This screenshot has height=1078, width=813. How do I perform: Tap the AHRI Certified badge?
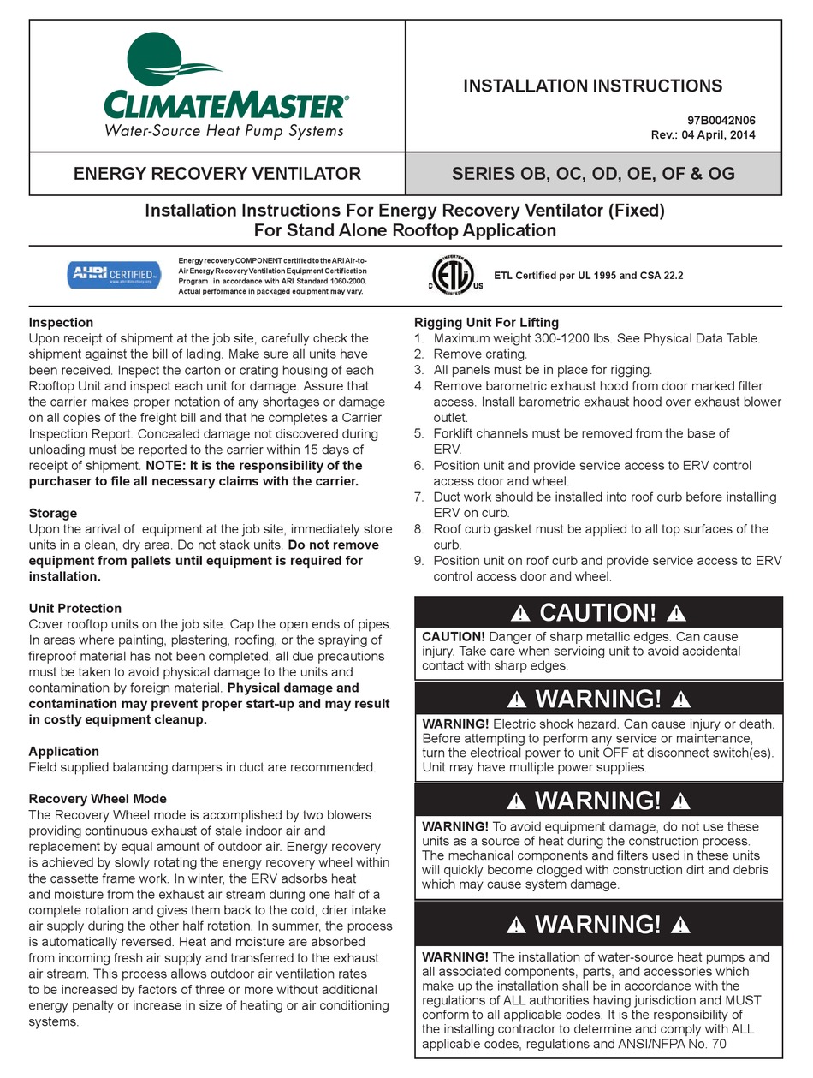click(114, 274)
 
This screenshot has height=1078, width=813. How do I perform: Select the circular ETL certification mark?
click(455, 276)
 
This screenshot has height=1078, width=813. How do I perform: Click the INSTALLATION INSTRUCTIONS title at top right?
click(592, 86)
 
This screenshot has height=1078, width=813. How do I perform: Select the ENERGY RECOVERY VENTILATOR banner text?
click(217, 174)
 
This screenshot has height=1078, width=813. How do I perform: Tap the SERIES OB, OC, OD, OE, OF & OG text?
click(593, 174)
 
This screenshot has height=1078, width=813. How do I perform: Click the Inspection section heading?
click(61, 323)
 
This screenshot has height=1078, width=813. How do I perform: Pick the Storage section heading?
click(52, 513)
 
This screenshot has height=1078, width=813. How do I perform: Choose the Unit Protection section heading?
click(75, 608)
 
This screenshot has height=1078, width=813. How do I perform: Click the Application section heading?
click(64, 751)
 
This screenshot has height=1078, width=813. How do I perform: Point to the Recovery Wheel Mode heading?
click(98, 799)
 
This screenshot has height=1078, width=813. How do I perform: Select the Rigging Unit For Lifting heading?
click(486, 323)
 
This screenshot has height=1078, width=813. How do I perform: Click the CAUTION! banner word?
click(598, 612)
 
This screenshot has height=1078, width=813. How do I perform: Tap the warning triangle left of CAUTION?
click(520, 613)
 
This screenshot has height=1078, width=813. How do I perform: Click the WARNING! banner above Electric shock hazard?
click(598, 699)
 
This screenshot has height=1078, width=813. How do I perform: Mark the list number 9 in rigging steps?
click(418, 561)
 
